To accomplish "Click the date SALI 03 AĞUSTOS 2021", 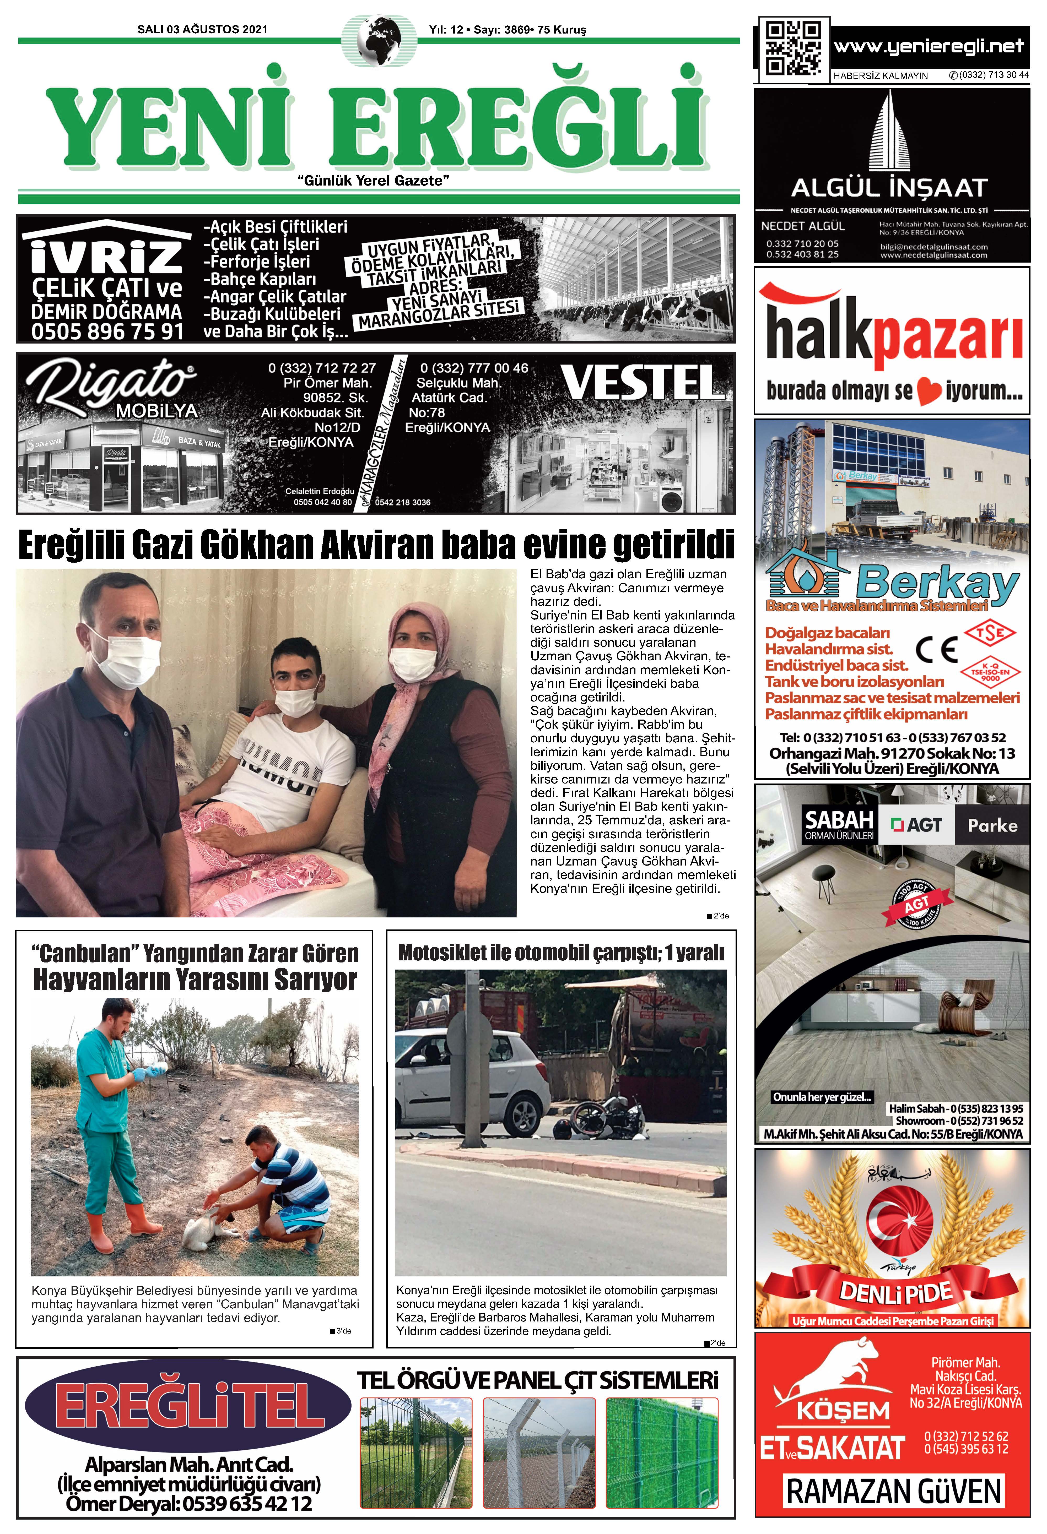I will [x=202, y=29].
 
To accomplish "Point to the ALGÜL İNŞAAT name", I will [x=889, y=188].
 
